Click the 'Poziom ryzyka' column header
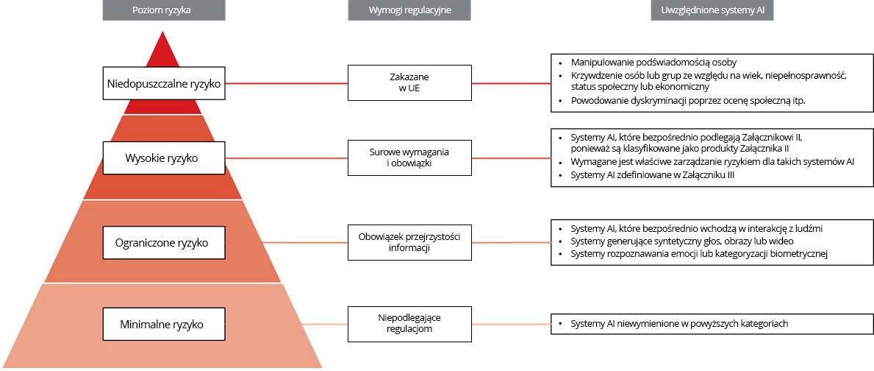click(x=164, y=10)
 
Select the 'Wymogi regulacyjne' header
click(x=409, y=10)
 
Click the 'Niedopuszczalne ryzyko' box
click(x=164, y=83)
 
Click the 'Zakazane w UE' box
click(x=409, y=82)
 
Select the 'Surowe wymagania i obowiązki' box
click(x=409, y=158)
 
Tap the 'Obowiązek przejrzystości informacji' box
click(x=409, y=241)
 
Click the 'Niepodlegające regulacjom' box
click(x=409, y=323)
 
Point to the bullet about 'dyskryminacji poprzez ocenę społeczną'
click(x=687, y=101)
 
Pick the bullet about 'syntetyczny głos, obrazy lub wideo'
click(x=681, y=241)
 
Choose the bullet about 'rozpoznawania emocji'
click(x=699, y=254)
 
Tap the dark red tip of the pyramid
click(x=163, y=52)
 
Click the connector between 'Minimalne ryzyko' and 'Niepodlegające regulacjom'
click(x=287, y=324)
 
